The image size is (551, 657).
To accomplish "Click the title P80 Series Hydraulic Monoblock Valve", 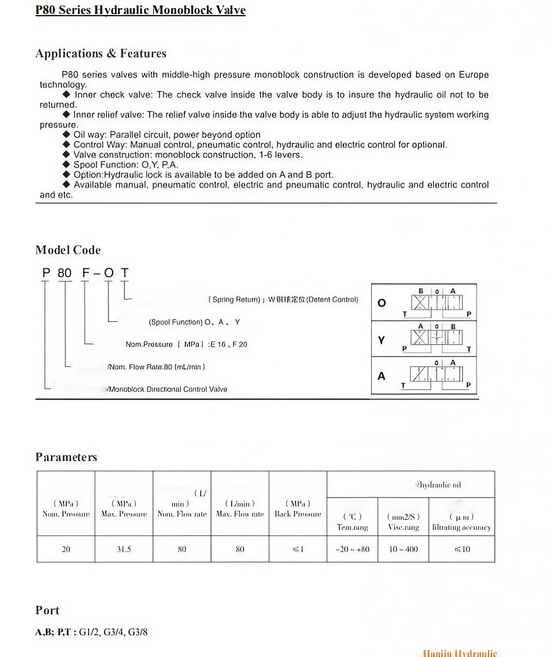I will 140,10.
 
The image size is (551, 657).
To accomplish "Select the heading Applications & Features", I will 100,53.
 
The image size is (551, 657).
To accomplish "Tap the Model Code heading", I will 68,250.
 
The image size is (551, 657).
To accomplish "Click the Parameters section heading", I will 66,457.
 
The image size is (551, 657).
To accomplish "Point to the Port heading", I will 47,610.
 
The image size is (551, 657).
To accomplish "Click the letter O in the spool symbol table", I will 381,303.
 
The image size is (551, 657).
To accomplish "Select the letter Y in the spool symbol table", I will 381,340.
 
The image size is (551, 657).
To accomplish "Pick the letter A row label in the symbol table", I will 381,376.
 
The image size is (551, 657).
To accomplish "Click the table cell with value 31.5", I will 124,549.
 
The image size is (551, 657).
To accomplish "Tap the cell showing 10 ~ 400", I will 403,549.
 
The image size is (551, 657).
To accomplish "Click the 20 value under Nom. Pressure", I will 66,549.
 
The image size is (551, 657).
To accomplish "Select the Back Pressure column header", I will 298,509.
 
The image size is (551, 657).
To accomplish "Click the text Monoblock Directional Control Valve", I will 167,389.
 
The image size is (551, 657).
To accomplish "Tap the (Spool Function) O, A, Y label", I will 194,322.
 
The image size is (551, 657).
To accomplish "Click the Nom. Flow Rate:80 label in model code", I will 156,367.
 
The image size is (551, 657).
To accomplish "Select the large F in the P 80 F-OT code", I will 85,273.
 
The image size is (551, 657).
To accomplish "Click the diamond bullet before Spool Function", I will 66,164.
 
